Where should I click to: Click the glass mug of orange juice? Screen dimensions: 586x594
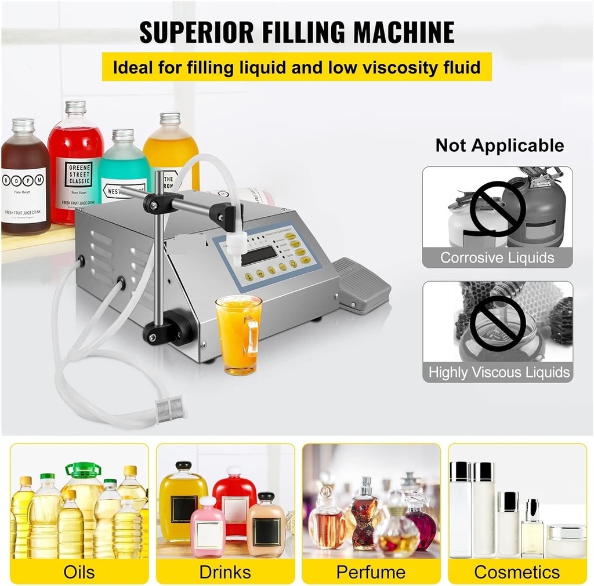[x=238, y=334]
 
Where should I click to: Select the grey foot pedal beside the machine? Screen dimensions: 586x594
[x=360, y=285]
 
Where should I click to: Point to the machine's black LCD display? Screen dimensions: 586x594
[x=259, y=255]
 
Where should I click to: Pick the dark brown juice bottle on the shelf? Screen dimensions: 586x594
[x=25, y=180]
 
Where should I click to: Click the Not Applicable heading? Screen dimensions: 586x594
[x=499, y=145]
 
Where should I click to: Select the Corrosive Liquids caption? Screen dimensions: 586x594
[x=497, y=257]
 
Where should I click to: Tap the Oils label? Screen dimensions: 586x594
[x=79, y=572]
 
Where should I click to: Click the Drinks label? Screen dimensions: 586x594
[x=225, y=572]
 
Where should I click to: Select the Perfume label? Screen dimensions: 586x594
[x=371, y=572]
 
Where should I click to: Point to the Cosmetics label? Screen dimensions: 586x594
[x=517, y=572]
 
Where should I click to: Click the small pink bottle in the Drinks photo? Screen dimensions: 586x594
[x=207, y=527]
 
